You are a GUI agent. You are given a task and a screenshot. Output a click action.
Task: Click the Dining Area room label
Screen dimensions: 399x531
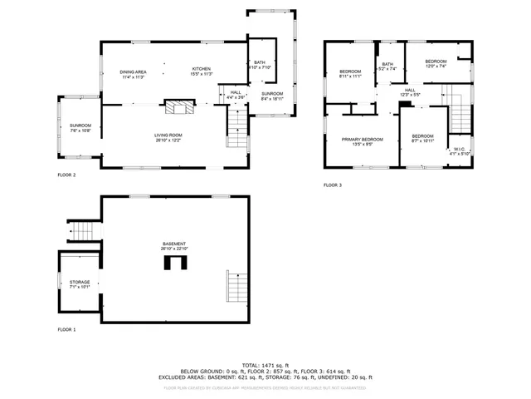pos(134,72)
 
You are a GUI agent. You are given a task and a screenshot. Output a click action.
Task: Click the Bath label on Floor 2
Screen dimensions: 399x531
pos(261,65)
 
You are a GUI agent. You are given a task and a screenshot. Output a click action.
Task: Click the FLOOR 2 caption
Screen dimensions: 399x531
pos(66,175)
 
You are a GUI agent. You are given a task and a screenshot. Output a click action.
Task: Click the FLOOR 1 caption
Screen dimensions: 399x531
pos(66,330)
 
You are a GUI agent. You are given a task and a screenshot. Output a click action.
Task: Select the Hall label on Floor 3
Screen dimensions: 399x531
pos(410,92)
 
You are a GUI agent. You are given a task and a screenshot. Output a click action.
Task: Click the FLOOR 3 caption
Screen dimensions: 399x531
pos(333,185)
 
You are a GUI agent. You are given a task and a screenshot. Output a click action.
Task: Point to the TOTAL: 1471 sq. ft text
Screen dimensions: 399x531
pos(265,365)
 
